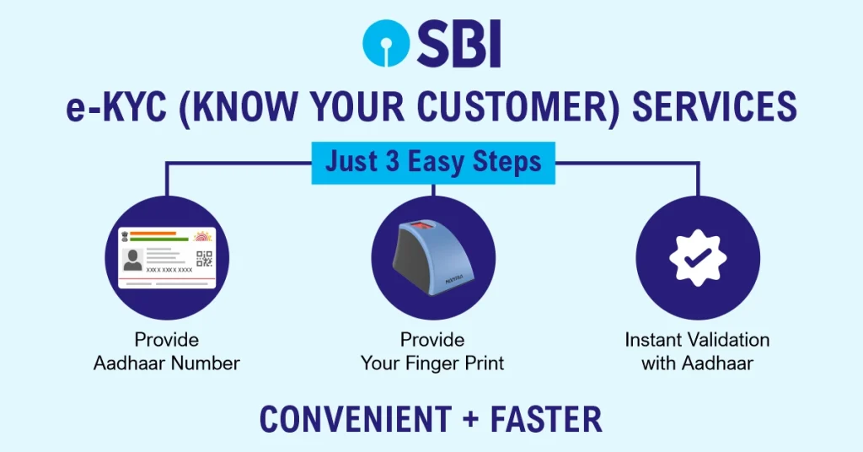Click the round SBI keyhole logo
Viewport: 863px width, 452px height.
tap(386, 44)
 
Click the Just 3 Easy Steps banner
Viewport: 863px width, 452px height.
tap(433, 163)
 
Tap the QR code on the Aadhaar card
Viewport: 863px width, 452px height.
tap(204, 259)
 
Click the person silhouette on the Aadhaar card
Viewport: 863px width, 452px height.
tap(132, 260)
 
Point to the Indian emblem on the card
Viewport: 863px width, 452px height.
tap(126, 236)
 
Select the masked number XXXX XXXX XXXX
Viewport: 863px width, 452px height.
tap(169, 271)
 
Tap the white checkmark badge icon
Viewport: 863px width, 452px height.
tap(698, 258)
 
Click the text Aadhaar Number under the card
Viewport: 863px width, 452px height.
tap(166, 363)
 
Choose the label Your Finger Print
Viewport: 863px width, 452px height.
tap(432, 363)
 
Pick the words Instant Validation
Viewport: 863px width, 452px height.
tap(697, 340)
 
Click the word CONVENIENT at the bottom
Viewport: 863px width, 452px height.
tap(356, 419)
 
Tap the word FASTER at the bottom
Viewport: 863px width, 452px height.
tap(546, 419)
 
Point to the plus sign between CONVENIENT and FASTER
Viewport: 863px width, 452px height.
tap(471, 419)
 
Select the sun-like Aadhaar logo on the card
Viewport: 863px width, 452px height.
tap(203, 237)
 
